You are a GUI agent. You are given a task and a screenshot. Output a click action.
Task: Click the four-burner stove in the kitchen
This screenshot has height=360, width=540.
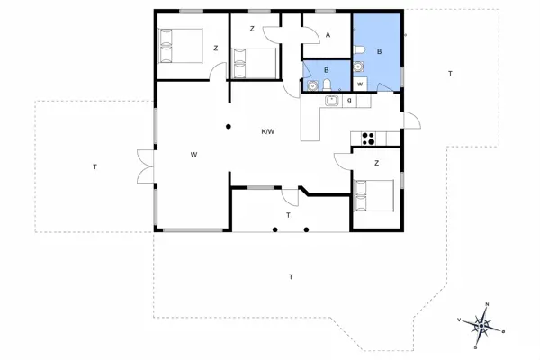click(x=368, y=139)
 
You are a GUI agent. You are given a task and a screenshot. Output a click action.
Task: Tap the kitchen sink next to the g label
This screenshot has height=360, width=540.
click(x=331, y=101)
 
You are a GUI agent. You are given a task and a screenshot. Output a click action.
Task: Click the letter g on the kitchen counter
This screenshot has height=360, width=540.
click(x=349, y=101)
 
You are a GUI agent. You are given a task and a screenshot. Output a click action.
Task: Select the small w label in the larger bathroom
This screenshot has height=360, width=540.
click(x=360, y=84)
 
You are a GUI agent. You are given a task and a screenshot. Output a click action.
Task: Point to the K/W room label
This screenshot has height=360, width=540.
click(x=268, y=131)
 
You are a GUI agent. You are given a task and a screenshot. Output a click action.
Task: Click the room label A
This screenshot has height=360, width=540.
click(x=328, y=35)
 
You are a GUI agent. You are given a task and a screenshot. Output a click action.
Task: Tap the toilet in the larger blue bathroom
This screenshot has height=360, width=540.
click(x=359, y=50)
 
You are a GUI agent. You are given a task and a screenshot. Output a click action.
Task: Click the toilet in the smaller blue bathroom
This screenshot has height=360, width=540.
click(x=328, y=85)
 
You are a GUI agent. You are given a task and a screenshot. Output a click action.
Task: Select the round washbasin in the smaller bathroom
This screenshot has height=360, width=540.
click(x=312, y=85)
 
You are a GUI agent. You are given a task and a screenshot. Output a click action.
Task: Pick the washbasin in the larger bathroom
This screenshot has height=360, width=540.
click(x=358, y=66)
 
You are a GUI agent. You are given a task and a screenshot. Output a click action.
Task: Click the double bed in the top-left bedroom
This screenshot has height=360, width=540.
click(x=181, y=46)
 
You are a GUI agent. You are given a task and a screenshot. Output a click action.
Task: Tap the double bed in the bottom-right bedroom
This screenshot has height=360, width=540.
click(x=374, y=195)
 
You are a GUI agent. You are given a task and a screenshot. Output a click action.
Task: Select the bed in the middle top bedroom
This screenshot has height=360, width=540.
click(x=255, y=63)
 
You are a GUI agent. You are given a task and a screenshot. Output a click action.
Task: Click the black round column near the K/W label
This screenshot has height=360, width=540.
click(x=229, y=127)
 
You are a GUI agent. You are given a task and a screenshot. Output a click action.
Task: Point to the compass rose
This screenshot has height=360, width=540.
click(x=481, y=326)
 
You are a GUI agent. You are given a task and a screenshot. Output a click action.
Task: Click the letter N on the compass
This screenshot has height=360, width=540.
click(x=487, y=304)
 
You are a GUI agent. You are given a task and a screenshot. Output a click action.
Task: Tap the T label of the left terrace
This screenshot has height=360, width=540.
click(x=94, y=167)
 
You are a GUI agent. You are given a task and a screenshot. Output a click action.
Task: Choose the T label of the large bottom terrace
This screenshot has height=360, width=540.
click(x=291, y=276)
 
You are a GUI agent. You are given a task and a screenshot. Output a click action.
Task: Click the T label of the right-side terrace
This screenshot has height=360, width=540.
click(x=450, y=74)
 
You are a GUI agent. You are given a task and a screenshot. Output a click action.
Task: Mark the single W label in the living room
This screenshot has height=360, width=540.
click(x=193, y=155)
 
